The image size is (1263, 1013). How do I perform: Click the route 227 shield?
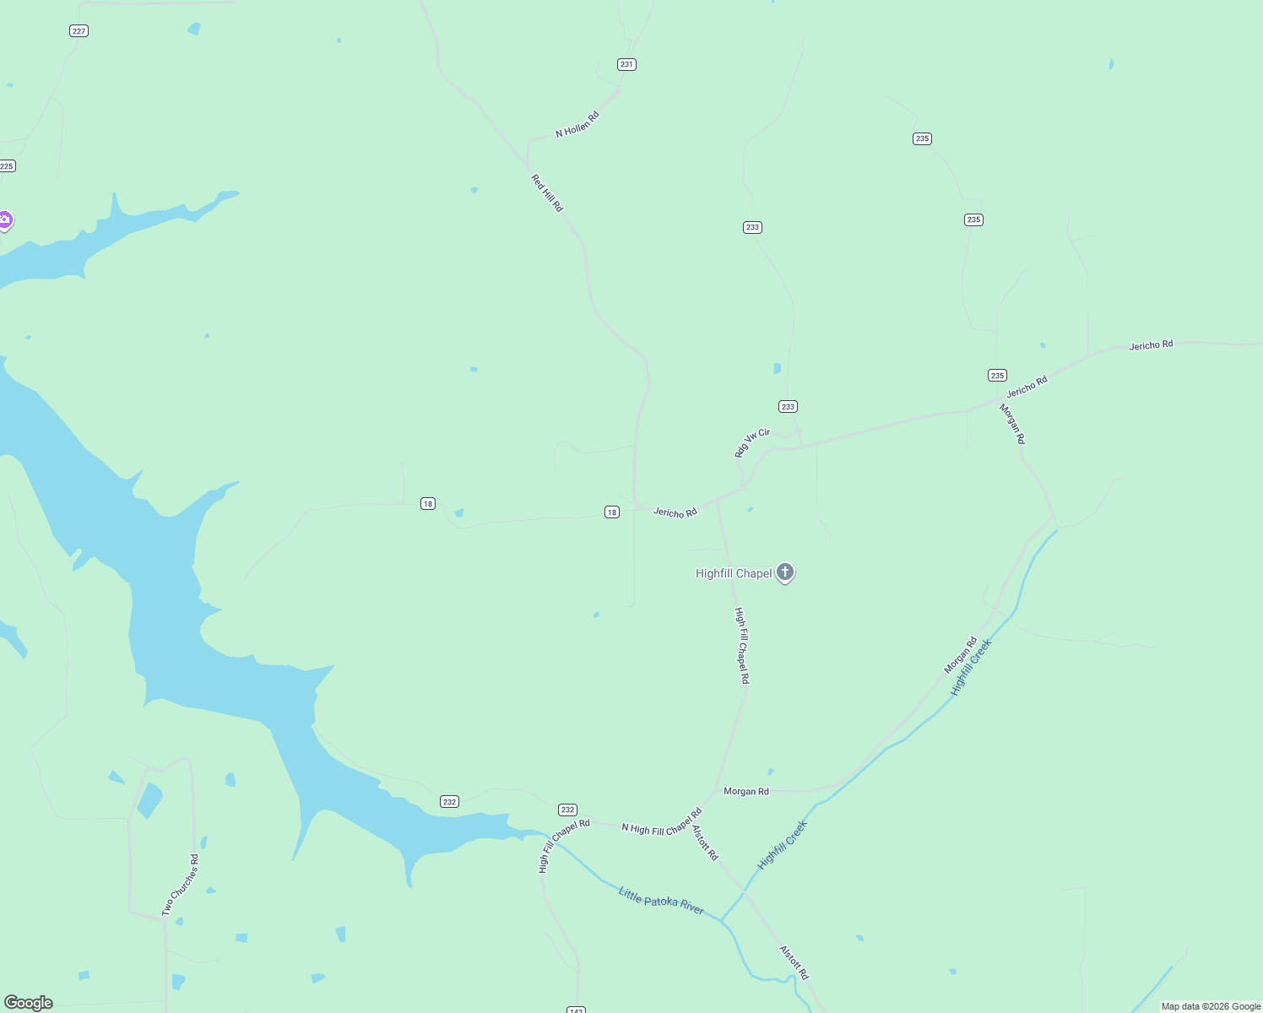79,31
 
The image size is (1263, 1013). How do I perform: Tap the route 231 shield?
626,64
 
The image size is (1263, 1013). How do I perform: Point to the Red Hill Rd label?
546,193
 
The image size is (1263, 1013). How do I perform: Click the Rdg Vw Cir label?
752,442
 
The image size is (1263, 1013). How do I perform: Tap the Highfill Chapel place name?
733,574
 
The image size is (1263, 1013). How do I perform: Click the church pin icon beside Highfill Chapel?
785,572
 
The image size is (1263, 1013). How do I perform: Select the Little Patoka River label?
661,901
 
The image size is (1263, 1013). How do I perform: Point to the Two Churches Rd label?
180,886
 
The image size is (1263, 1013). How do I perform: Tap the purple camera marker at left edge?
5,220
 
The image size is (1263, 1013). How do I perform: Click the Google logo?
29,1003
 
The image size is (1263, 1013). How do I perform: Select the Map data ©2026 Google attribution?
1211,1006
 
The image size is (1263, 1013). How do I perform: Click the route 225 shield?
7,166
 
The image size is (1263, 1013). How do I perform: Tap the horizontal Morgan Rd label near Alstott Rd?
746,792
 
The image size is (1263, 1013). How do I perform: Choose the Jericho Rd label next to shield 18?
675,512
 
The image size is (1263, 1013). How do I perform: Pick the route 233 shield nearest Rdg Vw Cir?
788,407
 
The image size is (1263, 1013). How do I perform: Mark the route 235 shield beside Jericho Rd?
997,376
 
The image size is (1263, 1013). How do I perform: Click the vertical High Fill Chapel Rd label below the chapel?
741,645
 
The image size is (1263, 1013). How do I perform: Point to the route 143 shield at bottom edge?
576,1010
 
